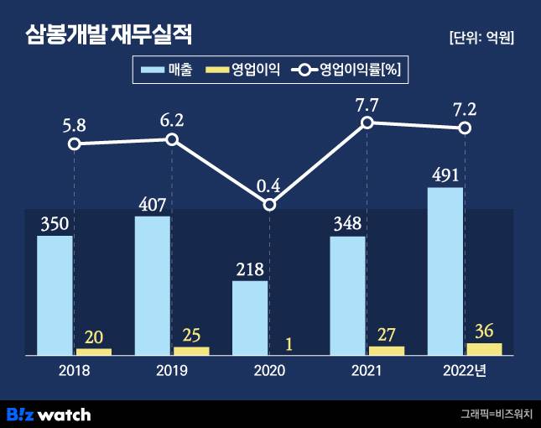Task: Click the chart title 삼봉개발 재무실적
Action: click(109, 35)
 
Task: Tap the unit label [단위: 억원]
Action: click(481, 38)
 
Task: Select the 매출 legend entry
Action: click(168, 70)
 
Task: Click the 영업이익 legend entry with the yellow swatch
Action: click(247, 70)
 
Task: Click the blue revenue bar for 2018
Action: click(55, 295)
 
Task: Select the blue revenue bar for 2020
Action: click(250, 318)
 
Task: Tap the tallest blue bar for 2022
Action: click(445, 271)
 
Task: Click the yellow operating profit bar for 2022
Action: click(484, 349)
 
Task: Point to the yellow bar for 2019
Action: click(191, 351)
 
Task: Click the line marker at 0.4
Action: click(269, 205)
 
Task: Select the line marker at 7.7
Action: click(367, 123)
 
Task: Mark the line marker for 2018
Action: click(75, 144)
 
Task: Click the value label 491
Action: click(445, 175)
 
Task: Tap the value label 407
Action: click(152, 204)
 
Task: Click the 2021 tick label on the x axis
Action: click(367, 370)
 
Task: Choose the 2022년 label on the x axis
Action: click(466, 370)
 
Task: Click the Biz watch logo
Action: click(49, 414)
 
